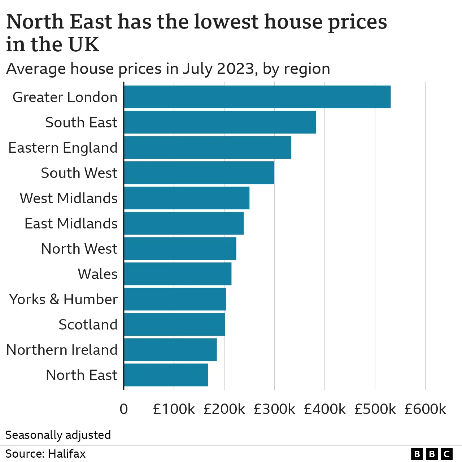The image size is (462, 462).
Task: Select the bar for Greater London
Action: pos(257,97)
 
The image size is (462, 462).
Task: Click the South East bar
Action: pos(220,122)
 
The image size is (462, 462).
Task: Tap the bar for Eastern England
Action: pos(208,147)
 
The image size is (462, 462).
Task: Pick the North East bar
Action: pos(166,375)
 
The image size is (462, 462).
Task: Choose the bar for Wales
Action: pos(178,274)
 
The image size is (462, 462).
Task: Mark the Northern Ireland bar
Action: pos(170,349)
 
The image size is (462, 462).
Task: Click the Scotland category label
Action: pos(88,324)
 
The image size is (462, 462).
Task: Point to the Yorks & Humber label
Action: pos(64,299)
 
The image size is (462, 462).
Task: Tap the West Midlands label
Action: pos(69,198)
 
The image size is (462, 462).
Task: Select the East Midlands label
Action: pos(71,223)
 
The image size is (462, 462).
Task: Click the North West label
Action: pos(79,249)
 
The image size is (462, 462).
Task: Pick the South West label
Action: pos(79,173)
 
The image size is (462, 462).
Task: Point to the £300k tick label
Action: pos(274,409)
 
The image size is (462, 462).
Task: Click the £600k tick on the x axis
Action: pos(425,409)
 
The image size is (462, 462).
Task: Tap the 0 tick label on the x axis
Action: pos(124,409)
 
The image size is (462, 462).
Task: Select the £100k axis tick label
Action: pos(174,409)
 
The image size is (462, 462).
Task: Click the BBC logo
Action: pos(432,454)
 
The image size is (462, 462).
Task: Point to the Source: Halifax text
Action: pos(45,454)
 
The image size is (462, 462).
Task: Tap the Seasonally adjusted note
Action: pos(58,435)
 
